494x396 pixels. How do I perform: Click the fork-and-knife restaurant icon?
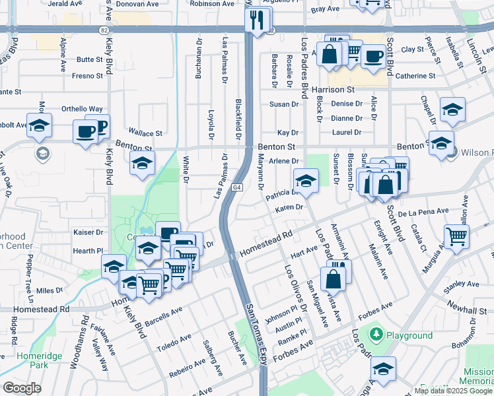tap(256, 19)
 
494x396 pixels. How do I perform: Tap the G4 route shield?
tap(236, 188)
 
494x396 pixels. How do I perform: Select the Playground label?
tap(409, 335)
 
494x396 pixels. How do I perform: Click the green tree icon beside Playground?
tap(377, 335)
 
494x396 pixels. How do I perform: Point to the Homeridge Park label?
tap(33, 360)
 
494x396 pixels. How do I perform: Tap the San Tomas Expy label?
tap(256, 330)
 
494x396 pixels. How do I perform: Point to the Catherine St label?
tap(415, 76)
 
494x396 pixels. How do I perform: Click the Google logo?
tap(22, 388)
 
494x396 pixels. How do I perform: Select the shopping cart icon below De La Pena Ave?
tap(457, 237)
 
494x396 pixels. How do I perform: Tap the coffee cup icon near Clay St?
tap(374, 55)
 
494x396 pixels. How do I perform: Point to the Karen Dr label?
tap(289, 207)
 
